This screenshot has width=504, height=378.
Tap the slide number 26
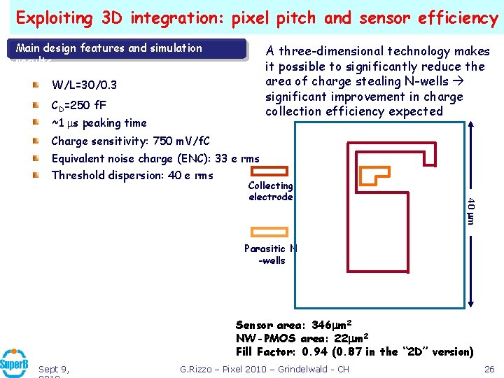[490, 369]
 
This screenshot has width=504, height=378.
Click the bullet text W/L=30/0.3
[84, 85]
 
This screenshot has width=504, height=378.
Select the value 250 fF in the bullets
[92, 106]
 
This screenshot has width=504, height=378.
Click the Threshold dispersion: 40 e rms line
[132, 175]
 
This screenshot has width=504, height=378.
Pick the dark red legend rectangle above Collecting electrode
[269, 170]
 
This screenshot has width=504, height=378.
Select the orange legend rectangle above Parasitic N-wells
[269, 232]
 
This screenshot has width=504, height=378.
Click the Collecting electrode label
[270, 191]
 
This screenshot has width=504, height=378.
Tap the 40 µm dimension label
[470, 211]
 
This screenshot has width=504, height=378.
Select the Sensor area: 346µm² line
[293, 325]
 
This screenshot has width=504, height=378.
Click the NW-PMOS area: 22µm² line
[303, 338]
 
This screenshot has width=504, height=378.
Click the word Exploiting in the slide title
[57, 17]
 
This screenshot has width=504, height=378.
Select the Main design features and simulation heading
[108, 48]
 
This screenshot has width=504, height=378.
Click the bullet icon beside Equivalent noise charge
[35, 159]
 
